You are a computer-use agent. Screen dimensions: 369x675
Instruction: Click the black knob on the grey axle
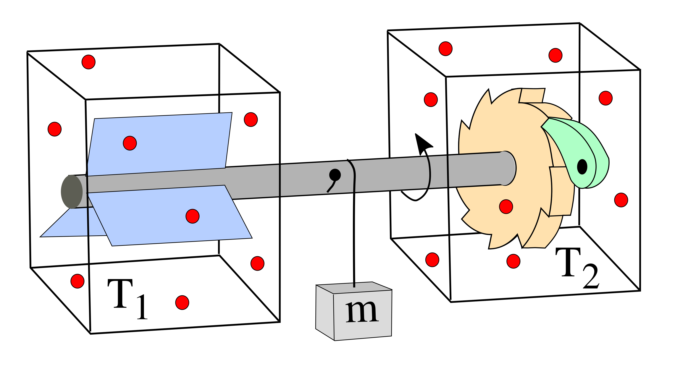pos(335,175)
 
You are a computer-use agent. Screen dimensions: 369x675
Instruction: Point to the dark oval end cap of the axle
pos(71,192)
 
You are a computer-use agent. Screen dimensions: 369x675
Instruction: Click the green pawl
pos(576,147)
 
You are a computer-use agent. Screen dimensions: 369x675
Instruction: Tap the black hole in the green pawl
pos(582,167)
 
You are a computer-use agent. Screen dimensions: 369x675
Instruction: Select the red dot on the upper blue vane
pos(130,143)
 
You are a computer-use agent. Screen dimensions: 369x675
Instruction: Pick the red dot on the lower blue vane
pos(192,216)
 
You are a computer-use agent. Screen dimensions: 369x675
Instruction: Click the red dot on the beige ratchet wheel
pos(506,207)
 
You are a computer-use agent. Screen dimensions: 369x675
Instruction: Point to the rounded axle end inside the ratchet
pos(507,168)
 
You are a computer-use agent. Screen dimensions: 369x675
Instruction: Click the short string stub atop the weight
pos(354,285)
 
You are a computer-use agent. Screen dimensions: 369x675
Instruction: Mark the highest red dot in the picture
pos(446,49)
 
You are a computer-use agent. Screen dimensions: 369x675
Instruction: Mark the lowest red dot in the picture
pos(182,303)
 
